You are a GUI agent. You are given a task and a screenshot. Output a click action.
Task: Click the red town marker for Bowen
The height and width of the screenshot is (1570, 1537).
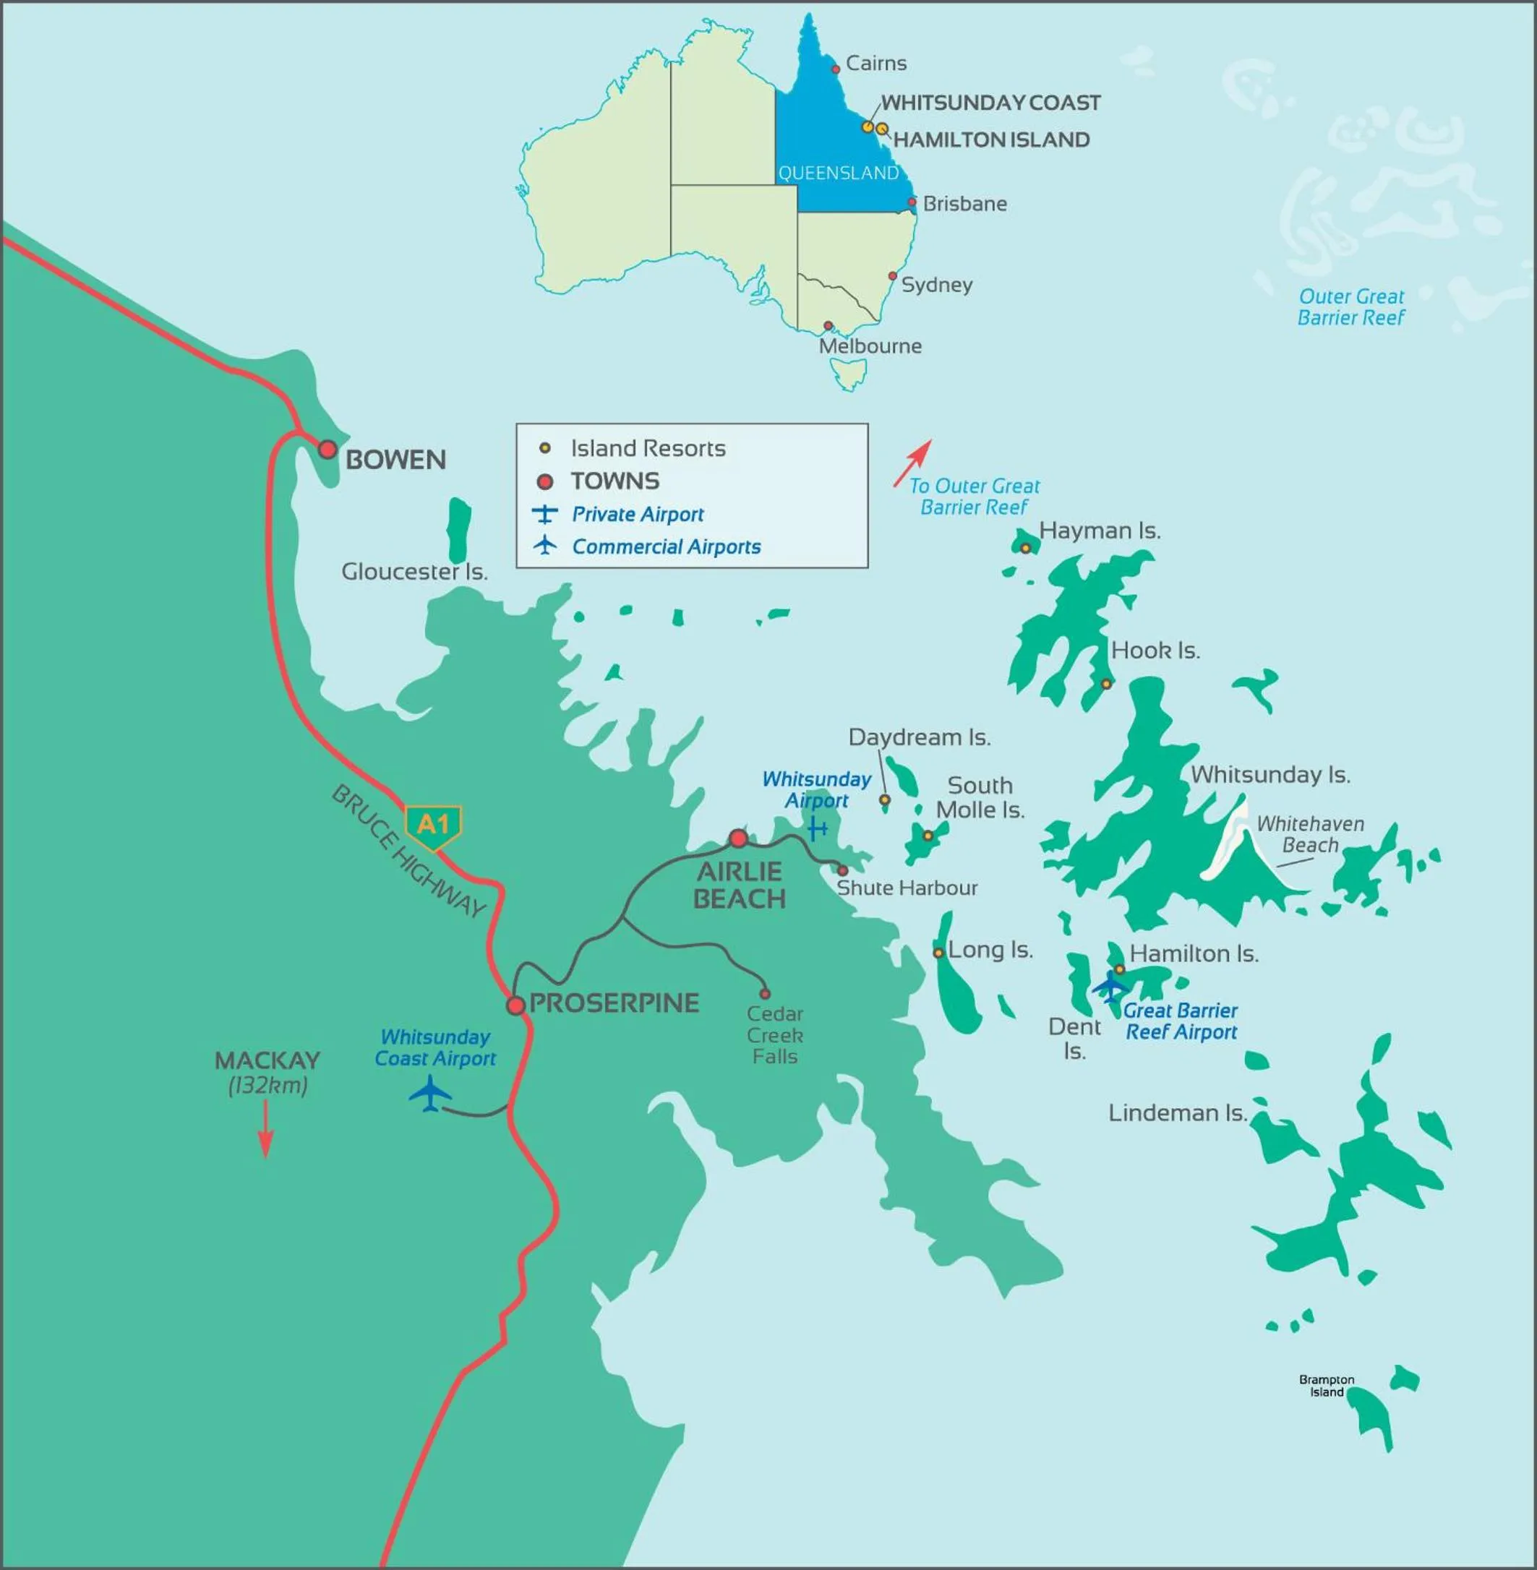point(327,450)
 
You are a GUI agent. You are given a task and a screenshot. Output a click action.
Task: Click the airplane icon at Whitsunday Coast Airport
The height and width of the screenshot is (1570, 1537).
point(429,1094)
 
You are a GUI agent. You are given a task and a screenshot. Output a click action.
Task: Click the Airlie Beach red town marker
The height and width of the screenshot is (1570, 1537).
point(738,838)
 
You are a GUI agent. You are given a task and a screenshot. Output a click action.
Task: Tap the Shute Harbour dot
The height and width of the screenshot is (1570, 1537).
point(842,871)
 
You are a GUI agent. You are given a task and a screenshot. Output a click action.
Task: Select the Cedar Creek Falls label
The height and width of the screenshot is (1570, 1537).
point(774,1035)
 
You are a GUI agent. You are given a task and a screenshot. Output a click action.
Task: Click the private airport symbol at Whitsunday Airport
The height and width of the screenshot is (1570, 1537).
point(818,828)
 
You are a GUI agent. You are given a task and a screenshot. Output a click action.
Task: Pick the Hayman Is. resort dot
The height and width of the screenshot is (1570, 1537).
point(1025,548)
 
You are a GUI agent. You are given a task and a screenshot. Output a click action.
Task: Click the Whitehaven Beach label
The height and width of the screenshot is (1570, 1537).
point(1310,835)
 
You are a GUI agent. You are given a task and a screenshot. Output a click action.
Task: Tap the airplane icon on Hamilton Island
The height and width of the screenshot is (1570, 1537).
point(1110,987)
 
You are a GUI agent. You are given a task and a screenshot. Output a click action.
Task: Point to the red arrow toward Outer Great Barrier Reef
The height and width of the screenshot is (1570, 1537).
point(913,463)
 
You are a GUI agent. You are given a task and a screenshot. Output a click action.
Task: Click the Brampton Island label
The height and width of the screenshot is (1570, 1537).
point(1327,1386)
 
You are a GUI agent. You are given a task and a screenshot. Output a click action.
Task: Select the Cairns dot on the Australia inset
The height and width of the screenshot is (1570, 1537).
point(836,69)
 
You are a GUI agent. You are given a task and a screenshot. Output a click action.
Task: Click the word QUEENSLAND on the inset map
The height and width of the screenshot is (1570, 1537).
point(838,173)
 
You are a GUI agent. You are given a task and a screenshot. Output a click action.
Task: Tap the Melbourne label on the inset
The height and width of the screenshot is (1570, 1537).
point(870,346)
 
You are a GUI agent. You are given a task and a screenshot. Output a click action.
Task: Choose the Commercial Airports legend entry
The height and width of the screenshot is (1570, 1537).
point(666,547)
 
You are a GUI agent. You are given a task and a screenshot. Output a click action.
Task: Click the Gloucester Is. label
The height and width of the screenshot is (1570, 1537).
point(414,572)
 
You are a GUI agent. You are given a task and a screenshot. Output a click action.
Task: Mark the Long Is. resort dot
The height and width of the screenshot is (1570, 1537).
point(938,953)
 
